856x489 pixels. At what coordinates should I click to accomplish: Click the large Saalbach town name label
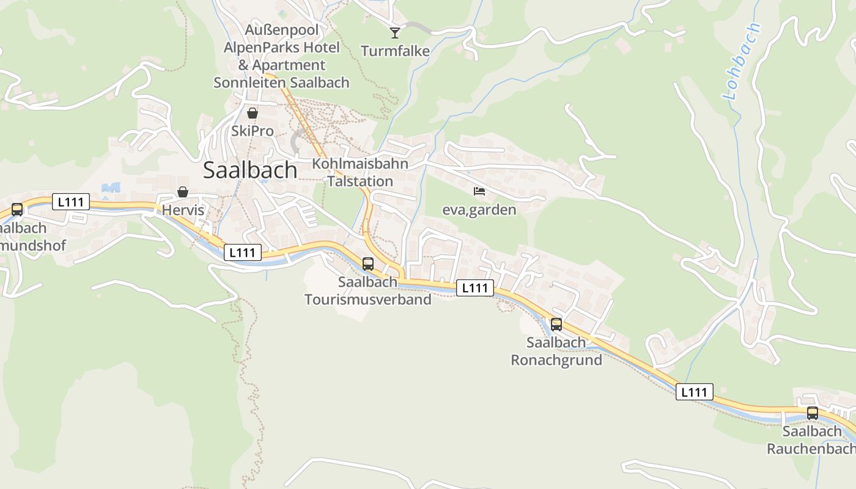pos(250,170)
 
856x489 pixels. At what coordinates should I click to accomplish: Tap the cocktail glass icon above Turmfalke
pos(395,32)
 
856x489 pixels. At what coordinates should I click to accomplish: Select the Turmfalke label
pos(395,51)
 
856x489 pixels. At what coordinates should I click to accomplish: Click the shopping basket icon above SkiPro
pos(252,113)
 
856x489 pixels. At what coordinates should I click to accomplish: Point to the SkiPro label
pos(252,131)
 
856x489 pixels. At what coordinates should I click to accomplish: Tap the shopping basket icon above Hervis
pos(182,192)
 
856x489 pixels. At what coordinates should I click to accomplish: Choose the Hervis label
pos(182,210)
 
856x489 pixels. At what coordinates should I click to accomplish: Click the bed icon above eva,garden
pos(479,191)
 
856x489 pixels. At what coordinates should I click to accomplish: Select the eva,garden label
pos(479,210)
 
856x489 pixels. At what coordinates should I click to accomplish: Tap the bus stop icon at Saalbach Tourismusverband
pos(367,264)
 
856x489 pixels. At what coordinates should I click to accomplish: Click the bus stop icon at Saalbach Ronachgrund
pos(556,325)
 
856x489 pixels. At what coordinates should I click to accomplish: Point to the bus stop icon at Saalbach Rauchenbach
pos(812,413)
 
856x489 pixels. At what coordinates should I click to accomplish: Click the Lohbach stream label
pos(741,61)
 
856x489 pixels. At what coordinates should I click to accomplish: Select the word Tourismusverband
pos(367,299)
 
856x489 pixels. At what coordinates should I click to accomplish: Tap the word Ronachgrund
pos(556,359)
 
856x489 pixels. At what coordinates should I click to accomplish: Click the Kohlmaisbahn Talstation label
pos(360,172)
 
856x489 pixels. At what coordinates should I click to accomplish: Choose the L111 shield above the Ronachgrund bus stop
pos(474,288)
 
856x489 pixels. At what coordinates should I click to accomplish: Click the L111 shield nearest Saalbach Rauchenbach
pos(694,392)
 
